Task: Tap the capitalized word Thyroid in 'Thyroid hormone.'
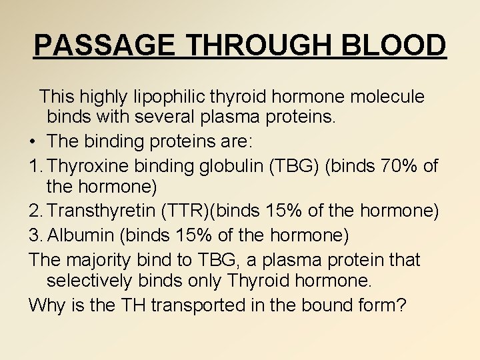pos(257,281)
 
